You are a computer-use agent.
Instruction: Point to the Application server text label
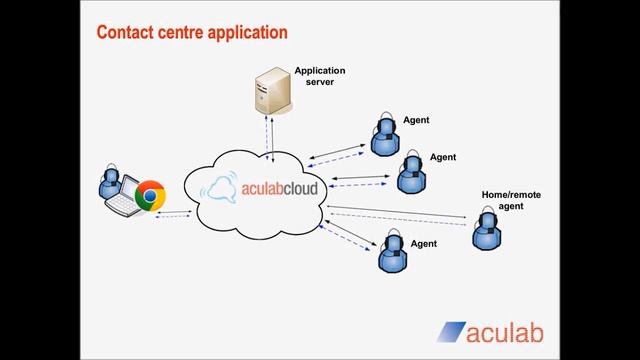coord(319,76)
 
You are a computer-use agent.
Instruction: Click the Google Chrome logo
coord(151,196)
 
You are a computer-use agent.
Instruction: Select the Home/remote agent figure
coord(487,231)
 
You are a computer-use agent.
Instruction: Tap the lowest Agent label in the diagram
coord(423,243)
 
